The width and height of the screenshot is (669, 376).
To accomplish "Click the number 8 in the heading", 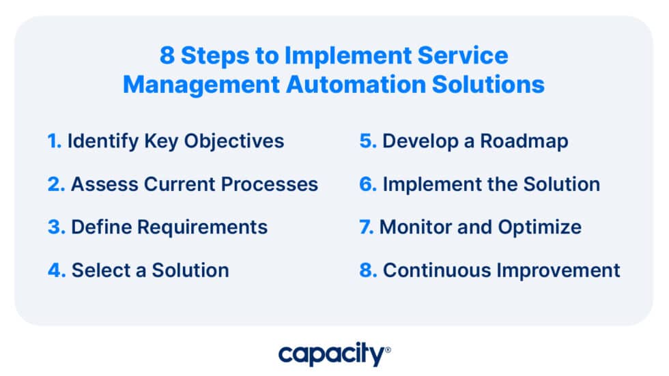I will (x=167, y=55).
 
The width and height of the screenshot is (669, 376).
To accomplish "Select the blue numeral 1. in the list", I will (x=54, y=141).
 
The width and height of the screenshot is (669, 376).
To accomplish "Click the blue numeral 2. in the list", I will (x=55, y=184).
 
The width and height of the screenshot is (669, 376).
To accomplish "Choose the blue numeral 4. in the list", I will (x=56, y=270).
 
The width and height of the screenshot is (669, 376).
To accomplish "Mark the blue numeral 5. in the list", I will (x=367, y=141).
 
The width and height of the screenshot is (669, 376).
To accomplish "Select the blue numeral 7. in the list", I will (x=367, y=227).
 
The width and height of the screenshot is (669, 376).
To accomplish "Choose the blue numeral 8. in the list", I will (x=368, y=270).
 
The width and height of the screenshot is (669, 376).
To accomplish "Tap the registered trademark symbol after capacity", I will (x=388, y=350).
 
